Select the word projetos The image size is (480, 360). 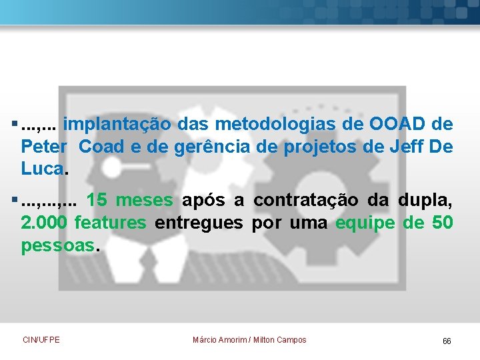point(317,147)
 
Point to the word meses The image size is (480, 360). point(145,201)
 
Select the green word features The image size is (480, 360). point(111,223)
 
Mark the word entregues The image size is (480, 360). point(199,223)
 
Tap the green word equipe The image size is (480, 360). point(366,223)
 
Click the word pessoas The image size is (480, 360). point(59,245)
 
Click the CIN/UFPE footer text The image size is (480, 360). point(41,340)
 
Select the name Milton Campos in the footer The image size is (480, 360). point(280,340)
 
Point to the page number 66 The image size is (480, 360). point(447,341)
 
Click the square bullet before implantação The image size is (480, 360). point(15,124)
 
